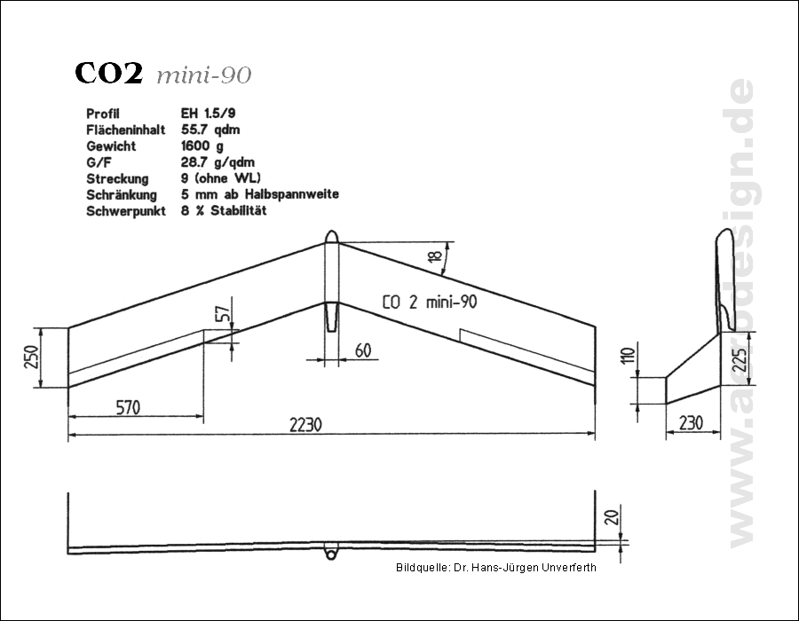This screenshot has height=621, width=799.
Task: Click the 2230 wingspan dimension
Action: click(305, 425)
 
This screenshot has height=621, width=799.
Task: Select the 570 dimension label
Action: click(128, 408)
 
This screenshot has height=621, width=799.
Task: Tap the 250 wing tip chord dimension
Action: click(32, 357)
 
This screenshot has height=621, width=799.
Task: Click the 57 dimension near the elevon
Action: click(223, 313)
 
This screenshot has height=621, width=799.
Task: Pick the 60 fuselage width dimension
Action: click(363, 350)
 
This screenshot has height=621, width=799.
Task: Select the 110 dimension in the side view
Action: click(629, 355)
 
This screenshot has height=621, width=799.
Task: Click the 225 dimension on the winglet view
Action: click(741, 359)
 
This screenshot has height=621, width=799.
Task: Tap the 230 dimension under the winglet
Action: click(691, 423)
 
